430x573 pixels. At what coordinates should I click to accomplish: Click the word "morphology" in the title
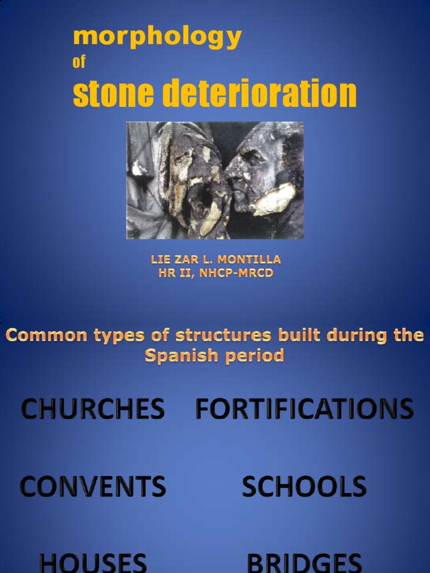157,38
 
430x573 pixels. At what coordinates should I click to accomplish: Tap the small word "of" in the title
79,62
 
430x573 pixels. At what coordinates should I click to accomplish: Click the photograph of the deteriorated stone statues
215,180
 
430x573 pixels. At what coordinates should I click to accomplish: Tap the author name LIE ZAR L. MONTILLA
216,260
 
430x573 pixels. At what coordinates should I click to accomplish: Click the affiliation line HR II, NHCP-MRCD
216,273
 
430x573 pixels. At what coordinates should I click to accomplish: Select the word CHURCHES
93,409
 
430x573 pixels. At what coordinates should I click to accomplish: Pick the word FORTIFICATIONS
304,409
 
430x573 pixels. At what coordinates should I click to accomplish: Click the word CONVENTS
93,486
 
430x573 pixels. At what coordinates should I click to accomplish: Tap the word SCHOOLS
304,486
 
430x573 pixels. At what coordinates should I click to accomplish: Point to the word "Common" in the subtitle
40,336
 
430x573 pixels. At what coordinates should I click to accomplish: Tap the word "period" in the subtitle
256,356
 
